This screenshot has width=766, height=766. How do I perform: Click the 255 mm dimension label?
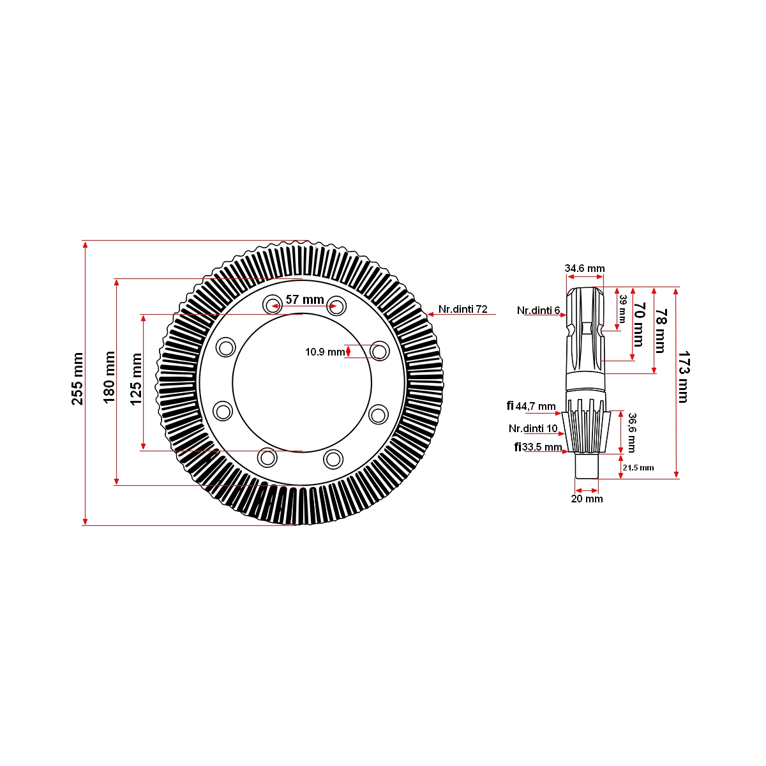[x=77, y=379]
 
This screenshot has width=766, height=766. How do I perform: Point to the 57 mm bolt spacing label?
[x=304, y=299]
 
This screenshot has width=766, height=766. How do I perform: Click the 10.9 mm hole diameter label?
[x=324, y=352]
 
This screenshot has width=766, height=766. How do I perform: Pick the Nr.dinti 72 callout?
[x=463, y=309]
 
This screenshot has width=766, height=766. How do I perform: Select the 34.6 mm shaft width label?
[x=584, y=268]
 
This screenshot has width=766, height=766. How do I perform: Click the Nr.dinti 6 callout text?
[x=538, y=310]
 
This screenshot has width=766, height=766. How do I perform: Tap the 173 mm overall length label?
[x=683, y=376]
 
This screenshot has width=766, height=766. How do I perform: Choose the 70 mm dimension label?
[x=638, y=324]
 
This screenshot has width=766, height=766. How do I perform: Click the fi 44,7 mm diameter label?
[x=531, y=406]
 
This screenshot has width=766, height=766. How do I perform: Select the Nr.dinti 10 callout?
[x=533, y=428]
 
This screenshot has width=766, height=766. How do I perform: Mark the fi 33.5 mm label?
[x=538, y=447]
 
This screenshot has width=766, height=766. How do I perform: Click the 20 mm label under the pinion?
[x=587, y=499]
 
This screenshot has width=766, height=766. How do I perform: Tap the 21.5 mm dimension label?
[x=638, y=468]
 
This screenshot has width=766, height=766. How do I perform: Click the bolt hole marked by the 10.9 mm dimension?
[x=379, y=351]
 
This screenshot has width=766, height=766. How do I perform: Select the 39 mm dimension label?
[x=622, y=308]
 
